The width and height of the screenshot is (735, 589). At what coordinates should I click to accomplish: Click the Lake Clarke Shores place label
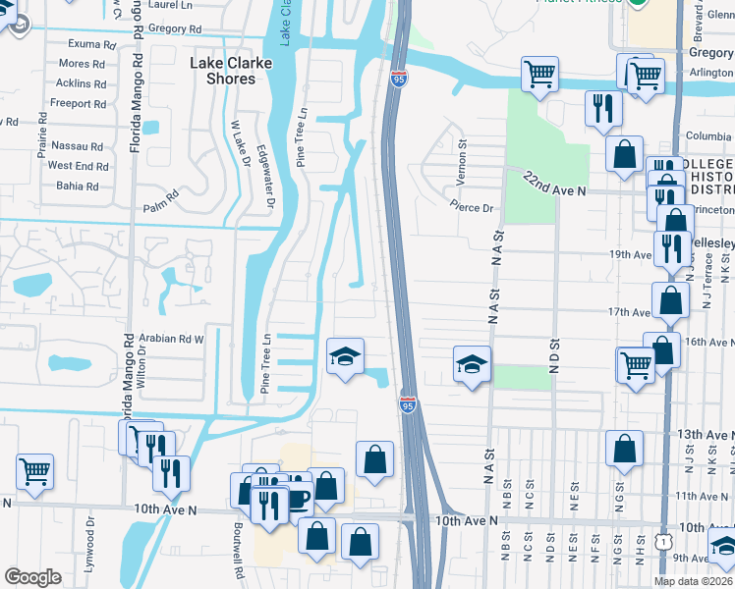click(x=222, y=71)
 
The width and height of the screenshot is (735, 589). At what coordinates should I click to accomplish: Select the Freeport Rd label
click(x=78, y=103)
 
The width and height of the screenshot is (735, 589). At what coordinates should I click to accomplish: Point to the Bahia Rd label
click(x=80, y=186)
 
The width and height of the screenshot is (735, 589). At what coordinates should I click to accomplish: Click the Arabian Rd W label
click(x=171, y=338)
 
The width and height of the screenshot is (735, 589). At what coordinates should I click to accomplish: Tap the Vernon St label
click(x=460, y=151)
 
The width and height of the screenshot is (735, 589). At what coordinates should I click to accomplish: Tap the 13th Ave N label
click(x=702, y=434)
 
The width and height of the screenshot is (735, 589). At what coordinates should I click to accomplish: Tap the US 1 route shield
click(x=666, y=541)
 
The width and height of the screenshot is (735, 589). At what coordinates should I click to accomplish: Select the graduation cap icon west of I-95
click(x=343, y=356)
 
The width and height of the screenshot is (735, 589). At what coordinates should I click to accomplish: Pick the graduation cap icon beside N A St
click(x=472, y=364)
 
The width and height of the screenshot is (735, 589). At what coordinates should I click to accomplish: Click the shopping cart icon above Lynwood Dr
click(x=34, y=472)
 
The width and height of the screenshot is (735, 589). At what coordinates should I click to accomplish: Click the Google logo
click(x=32, y=577)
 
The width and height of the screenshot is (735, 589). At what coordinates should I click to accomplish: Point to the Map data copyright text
click(x=693, y=581)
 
